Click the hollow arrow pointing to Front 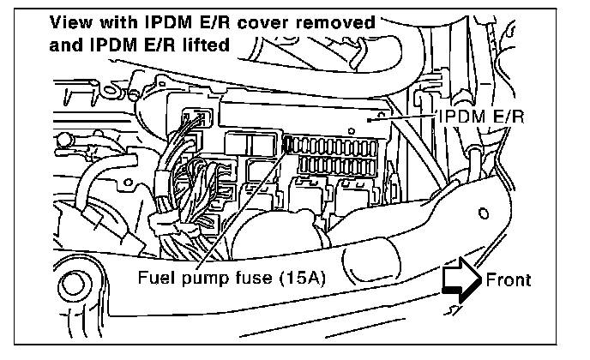pyautogui.click(x=460, y=280)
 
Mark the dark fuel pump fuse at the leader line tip pyautogui.click(x=288, y=146)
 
